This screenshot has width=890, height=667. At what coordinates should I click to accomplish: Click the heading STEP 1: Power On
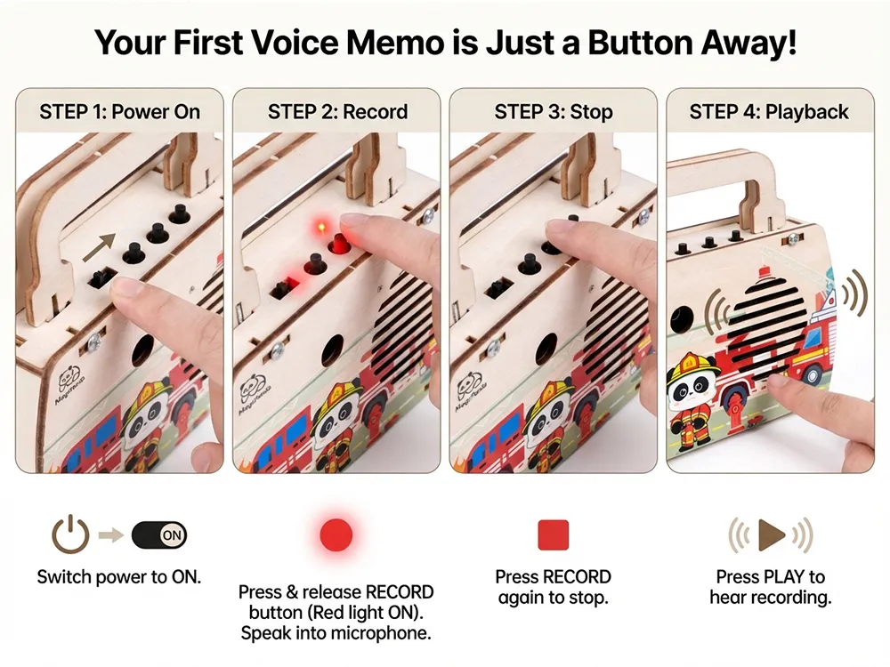(120, 112)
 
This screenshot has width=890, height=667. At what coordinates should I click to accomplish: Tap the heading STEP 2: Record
(337, 112)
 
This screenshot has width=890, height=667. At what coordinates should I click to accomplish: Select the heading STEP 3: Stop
(554, 112)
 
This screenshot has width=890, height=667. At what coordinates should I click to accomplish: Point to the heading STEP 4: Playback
(769, 112)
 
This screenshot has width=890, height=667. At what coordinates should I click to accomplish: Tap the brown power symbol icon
(70, 534)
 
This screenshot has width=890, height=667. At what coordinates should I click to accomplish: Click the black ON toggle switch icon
(159, 534)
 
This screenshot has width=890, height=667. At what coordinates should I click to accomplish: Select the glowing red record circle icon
(336, 534)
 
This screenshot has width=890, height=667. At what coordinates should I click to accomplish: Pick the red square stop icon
(553, 534)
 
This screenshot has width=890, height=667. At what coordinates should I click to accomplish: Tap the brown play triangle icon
(771, 534)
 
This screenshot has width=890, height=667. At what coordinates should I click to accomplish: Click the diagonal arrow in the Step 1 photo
(100, 247)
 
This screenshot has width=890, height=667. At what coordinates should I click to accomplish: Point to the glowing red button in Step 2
(340, 244)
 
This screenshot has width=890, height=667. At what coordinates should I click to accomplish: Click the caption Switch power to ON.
(119, 577)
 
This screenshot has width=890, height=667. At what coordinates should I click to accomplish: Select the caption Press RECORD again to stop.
(554, 587)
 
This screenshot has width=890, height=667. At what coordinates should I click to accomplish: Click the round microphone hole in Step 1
(143, 350)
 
